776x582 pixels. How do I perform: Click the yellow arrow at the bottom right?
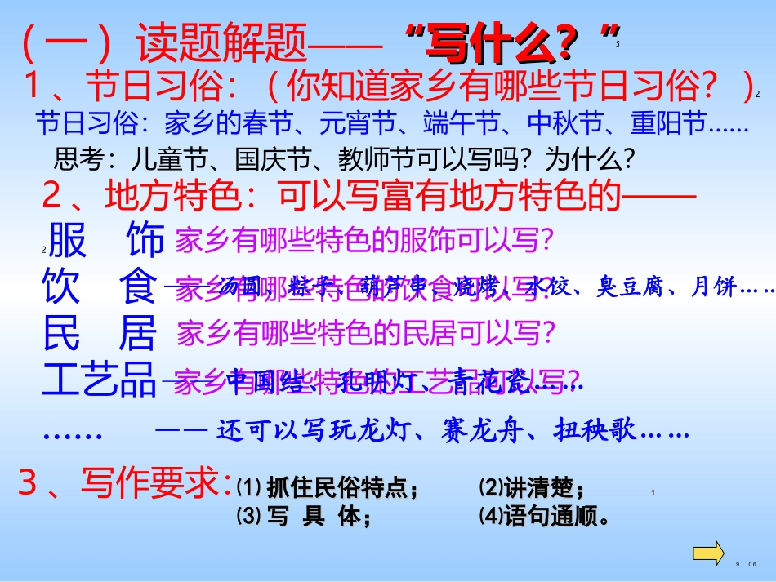[x=707, y=552]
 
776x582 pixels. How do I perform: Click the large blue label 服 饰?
[x=106, y=241]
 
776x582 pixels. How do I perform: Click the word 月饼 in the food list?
[x=713, y=287]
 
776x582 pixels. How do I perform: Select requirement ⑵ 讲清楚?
[x=532, y=489]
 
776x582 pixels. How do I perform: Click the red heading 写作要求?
[x=151, y=483]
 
